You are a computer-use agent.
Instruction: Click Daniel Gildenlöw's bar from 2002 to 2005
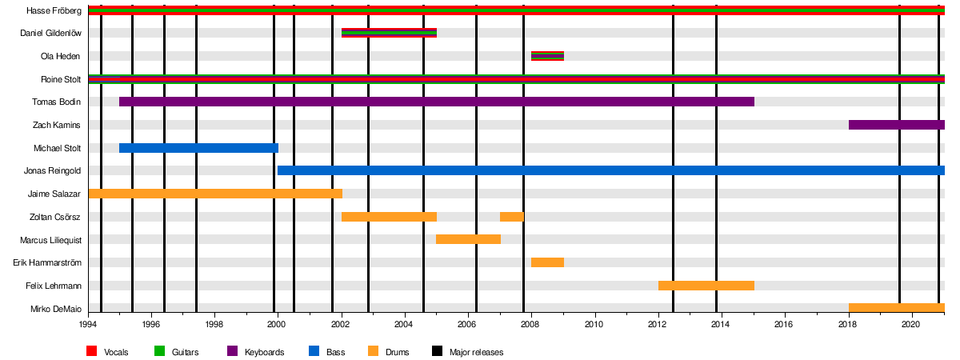click(x=389, y=33)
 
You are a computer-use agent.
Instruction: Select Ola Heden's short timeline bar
click(x=547, y=56)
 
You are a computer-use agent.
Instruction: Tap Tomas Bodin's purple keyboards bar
click(x=436, y=102)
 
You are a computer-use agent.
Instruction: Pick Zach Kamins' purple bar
click(x=896, y=125)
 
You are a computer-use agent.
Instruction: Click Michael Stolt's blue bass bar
click(x=198, y=148)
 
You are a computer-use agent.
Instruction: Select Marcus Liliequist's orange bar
click(x=468, y=239)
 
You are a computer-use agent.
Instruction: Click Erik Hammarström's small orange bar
click(x=547, y=262)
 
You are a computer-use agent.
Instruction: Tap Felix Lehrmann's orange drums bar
click(x=706, y=286)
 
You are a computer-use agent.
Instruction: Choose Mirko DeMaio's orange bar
click(x=896, y=308)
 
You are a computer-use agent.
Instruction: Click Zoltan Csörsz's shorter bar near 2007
click(x=512, y=217)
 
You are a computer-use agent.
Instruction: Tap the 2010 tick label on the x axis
click(x=594, y=324)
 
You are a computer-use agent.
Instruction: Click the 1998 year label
click(x=214, y=324)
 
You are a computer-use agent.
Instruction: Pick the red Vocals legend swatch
click(x=91, y=352)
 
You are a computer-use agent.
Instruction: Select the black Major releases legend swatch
click(x=437, y=352)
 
